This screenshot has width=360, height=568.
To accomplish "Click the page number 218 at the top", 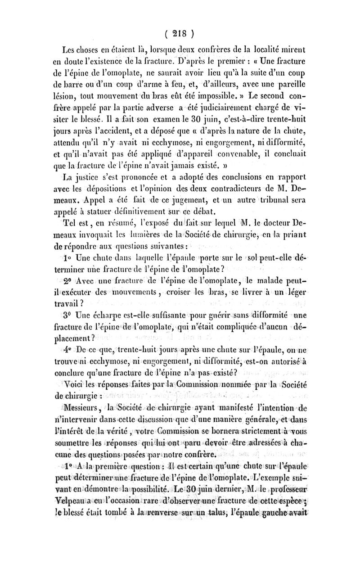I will [180, 35].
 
